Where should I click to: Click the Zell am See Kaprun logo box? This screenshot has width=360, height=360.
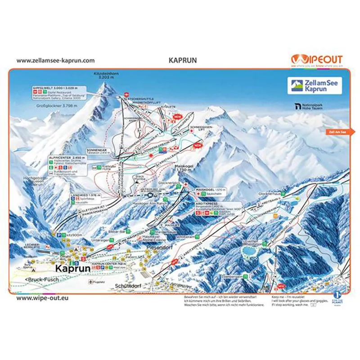click(x=315, y=85)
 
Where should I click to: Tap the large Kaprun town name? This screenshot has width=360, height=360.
click(x=72, y=268)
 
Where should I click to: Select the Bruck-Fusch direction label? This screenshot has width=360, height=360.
click(x=40, y=279)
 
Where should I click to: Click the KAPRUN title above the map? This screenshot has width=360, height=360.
click(x=180, y=60)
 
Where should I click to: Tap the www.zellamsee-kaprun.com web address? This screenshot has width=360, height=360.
click(x=55, y=60)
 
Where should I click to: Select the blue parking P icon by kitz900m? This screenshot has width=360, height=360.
click(x=58, y=235)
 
